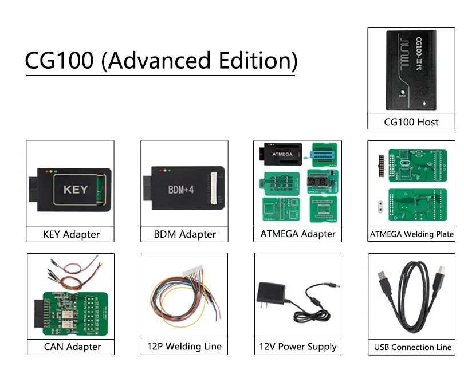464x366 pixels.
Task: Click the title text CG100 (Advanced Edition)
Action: click(x=161, y=61)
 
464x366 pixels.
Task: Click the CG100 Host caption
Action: click(x=411, y=121)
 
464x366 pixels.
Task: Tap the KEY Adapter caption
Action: click(x=71, y=234)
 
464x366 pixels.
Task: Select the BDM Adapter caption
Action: click(x=184, y=234)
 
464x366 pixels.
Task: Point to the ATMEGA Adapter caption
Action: click(x=298, y=234)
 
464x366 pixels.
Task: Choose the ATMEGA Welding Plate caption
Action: click(x=411, y=234)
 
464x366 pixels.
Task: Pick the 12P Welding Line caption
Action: click(x=184, y=347)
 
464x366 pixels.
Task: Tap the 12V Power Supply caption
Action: click(x=298, y=347)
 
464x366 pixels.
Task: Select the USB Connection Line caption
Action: click(x=412, y=347)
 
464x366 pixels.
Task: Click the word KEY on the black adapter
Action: click(x=75, y=188)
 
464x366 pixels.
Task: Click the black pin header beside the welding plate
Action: click(x=379, y=167)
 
